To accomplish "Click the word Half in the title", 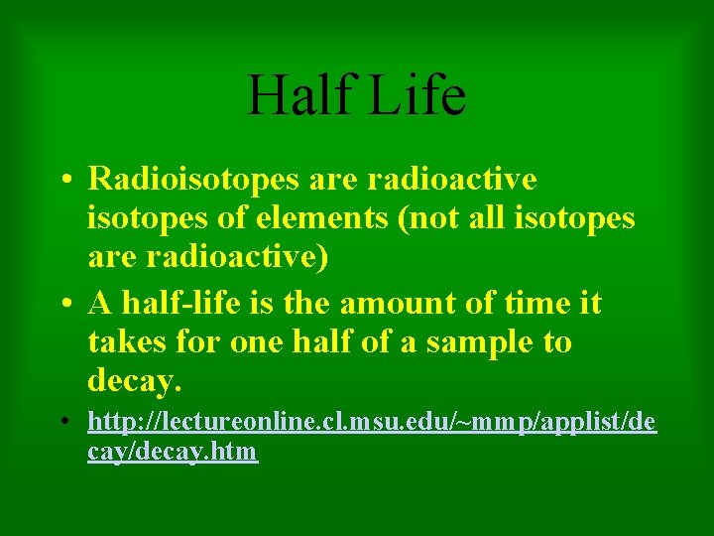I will tap(297, 94).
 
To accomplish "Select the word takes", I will tap(123, 342).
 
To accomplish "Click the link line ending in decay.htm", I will tap(173, 452).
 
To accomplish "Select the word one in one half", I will tap(257, 342).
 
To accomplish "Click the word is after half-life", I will tap(264, 303).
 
